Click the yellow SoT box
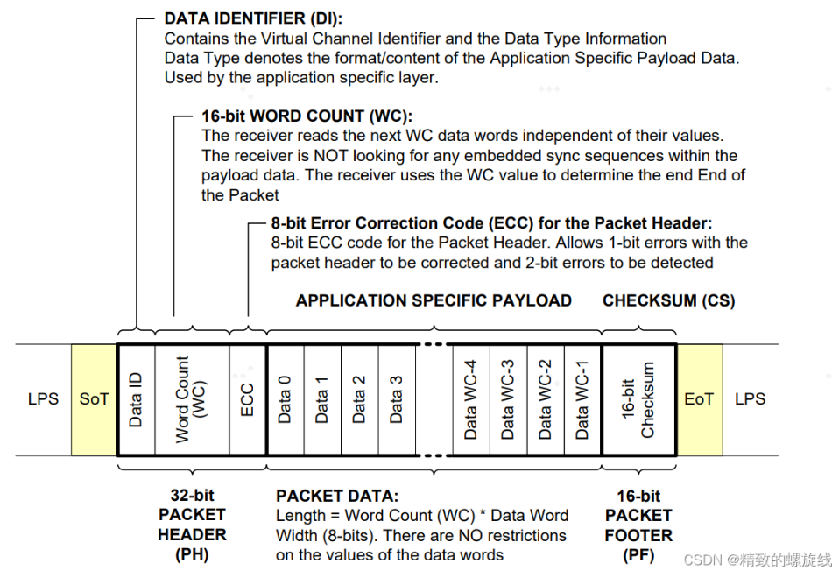coord(94,399)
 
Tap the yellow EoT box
coord(699,399)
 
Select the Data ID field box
coord(136,399)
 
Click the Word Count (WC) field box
coord(192,399)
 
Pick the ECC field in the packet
coord(247,399)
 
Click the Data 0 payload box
coord(285,399)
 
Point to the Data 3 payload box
coord(397,399)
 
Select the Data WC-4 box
coord(471,399)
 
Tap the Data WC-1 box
coord(583,399)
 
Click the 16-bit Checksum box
coord(638,399)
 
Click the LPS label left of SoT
coord(43,399)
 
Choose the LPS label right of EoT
coord(750,399)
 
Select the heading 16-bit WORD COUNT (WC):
coord(307,116)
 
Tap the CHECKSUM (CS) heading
coord(668,300)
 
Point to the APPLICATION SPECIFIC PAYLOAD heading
coord(434,300)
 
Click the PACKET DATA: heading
coord(337,496)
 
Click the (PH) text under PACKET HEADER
coord(192,554)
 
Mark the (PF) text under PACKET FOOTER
coord(638,555)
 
